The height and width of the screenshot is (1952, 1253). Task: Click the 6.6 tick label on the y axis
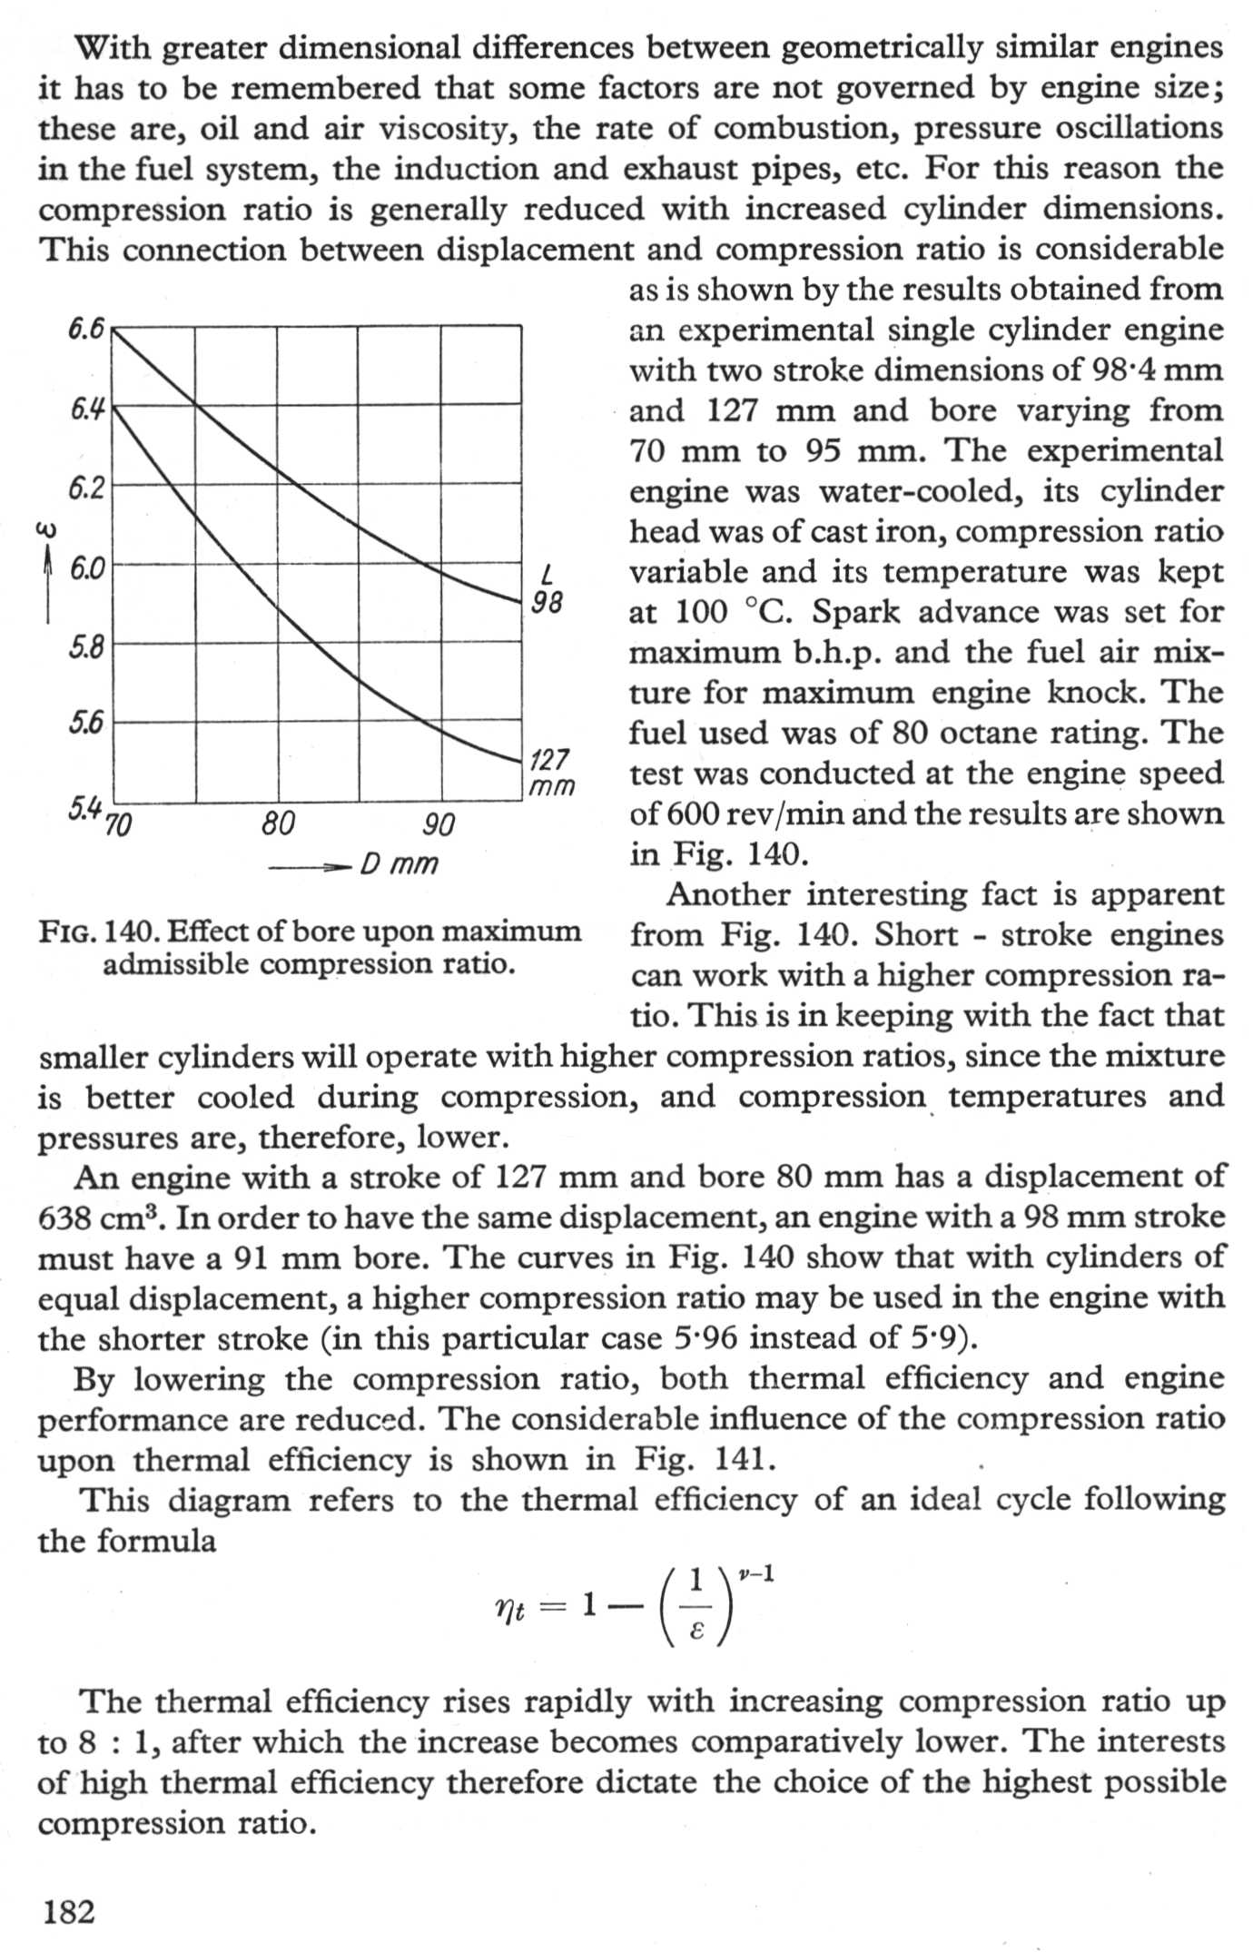pyautogui.click(x=86, y=329)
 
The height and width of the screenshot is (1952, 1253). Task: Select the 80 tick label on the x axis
pyautogui.click(x=278, y=823)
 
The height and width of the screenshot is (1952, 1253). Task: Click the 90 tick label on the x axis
pyautogui.click(x=439, y=825)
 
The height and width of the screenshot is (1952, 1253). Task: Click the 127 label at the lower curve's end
pyautogui.click(x=549, y=759)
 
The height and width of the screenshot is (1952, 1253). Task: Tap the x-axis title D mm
pyautogui.click(x=399, y=863)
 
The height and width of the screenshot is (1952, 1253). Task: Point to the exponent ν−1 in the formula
pyautogui.click(x=755, y=1572)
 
